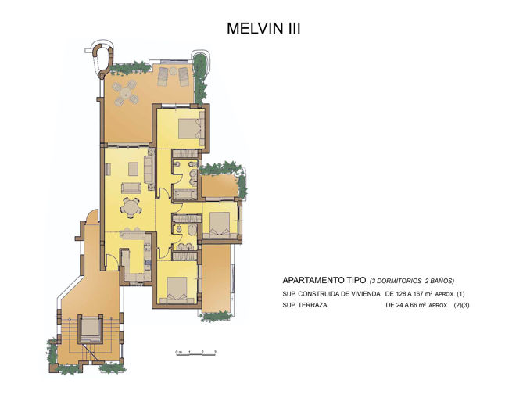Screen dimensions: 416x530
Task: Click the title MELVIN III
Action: tap(263, 28)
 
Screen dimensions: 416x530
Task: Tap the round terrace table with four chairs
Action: tap(124, 94)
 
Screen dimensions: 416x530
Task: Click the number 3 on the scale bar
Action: tap(215, 352)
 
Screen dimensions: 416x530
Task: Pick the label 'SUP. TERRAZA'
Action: tap(306, 306)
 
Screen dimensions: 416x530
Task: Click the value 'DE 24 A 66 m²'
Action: tap(412, 306)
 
